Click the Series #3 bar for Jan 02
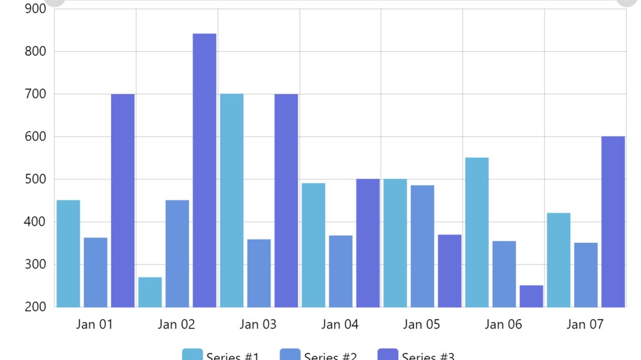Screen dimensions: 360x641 click(204, 170)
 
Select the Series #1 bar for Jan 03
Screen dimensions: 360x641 click(231, 200)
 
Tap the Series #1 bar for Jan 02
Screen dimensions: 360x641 click(150, 292)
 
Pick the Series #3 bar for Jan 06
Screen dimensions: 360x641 click(531, 296)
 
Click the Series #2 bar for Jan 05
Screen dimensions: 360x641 click(422, 246)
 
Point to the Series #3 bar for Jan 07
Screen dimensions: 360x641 click(613, 222)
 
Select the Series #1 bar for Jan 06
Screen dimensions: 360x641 click(477, 232)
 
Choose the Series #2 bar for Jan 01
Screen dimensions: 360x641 click(96, 272)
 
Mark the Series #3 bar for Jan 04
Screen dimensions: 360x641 click(368, 243)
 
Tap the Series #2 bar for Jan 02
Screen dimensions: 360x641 click(177, 254)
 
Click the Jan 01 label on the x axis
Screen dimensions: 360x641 click(94, 324)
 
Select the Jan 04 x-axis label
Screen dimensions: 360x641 click(340, 324)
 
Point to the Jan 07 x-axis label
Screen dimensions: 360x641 click(585, 324)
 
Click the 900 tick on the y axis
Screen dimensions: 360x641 click(35, 9)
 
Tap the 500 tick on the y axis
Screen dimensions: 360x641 click(35, 179)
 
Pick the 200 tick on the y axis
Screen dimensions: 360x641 click(35, 307)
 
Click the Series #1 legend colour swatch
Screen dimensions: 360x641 click(192, 354)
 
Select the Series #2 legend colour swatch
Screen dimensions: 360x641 click(290, 354)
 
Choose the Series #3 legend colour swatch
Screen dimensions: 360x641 click(388, 354)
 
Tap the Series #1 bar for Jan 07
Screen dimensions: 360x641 click(558, 260)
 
